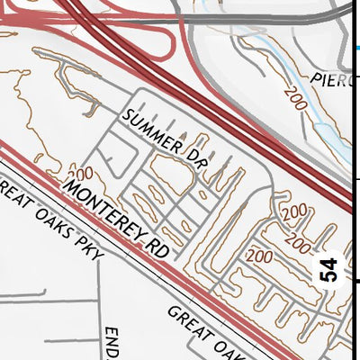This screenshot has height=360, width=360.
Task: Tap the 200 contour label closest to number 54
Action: (295, 241)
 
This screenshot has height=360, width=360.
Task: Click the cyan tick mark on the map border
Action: (356, 48)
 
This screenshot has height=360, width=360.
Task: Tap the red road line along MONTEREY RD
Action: (135, 243)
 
